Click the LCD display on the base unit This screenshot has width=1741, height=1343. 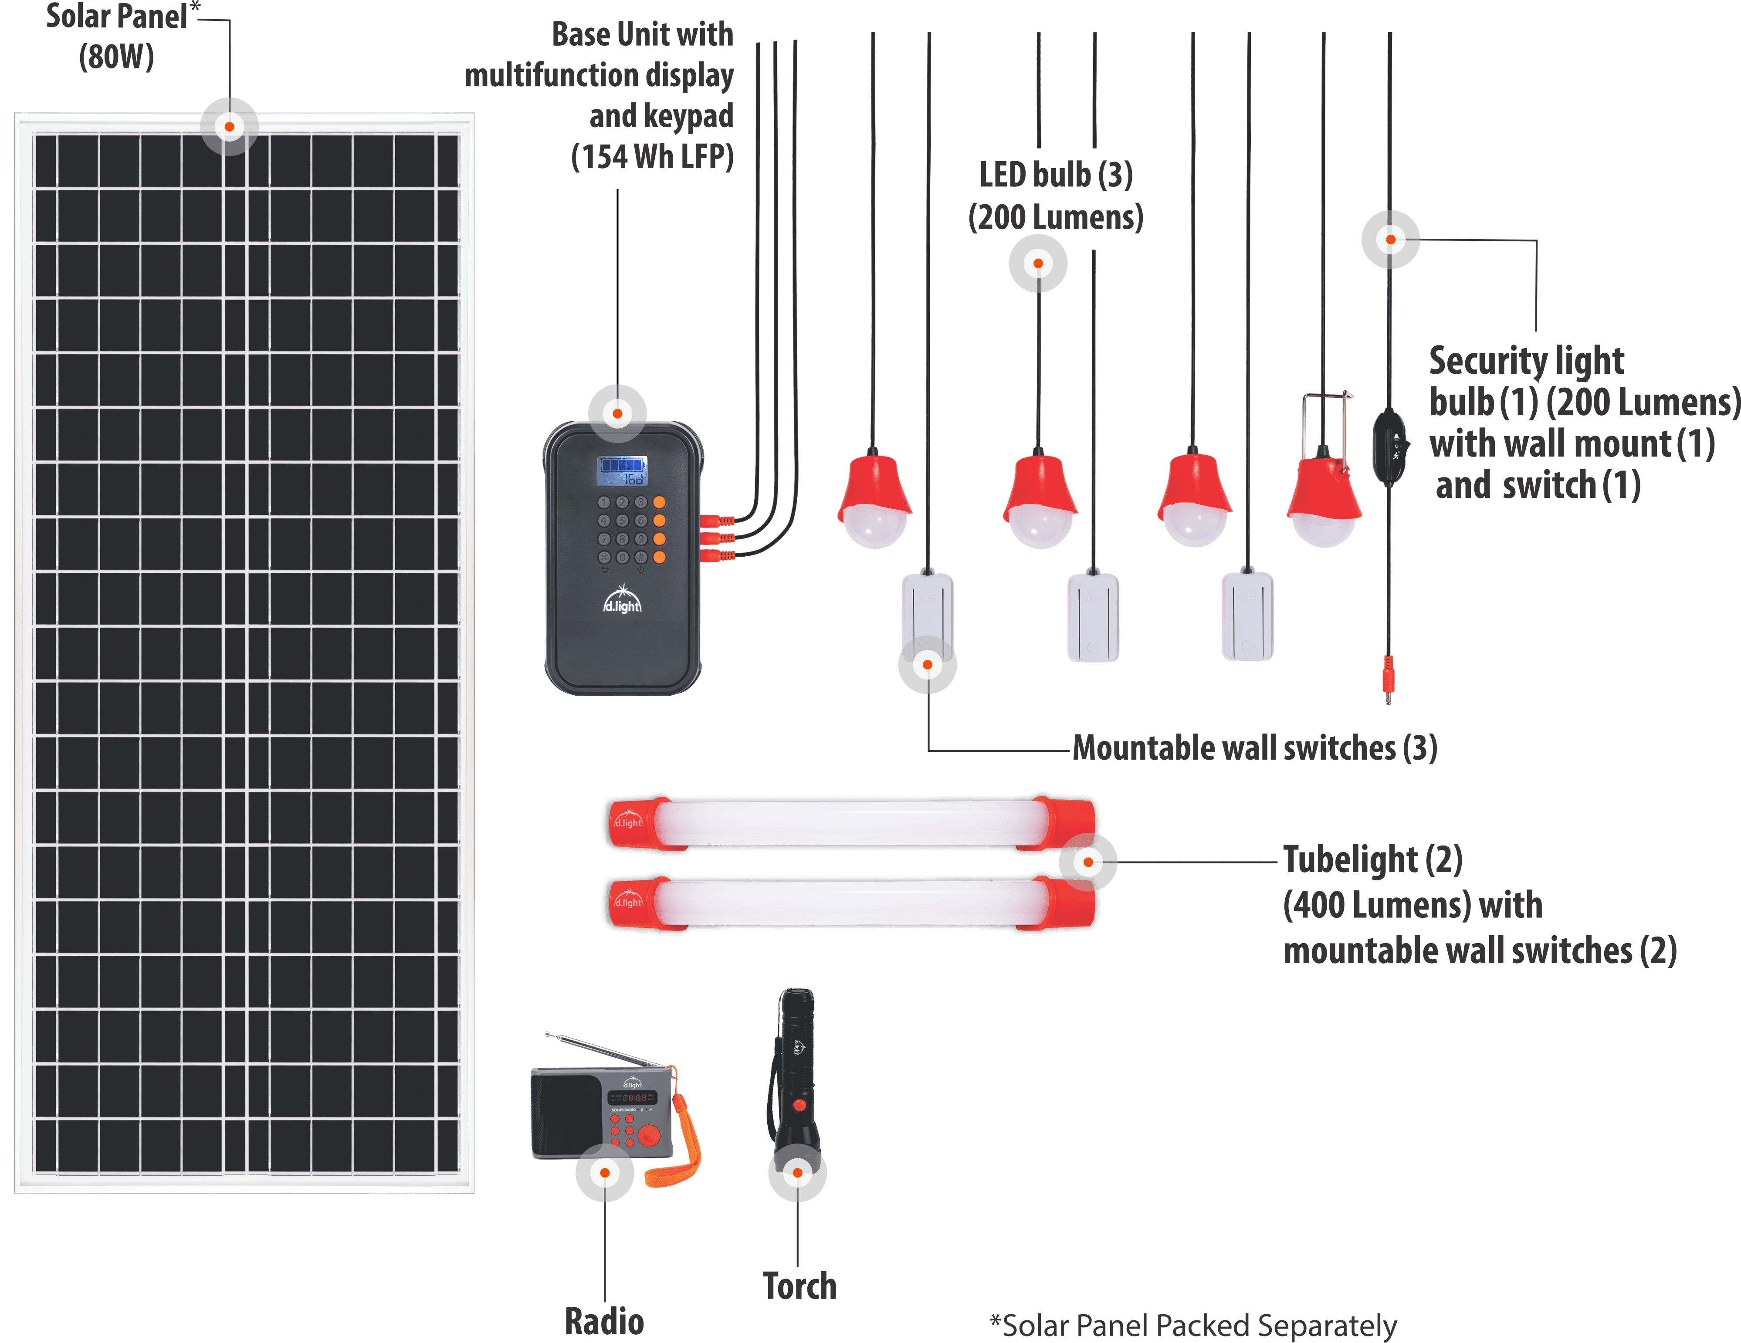[623, 470]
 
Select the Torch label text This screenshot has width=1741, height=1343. [799, 1285]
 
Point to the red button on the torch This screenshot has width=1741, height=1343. [799, 1106]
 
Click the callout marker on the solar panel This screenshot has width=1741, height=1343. [230, 127]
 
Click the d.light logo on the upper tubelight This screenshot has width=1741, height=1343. [628, 820]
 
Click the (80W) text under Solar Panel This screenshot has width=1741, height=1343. [116, 58]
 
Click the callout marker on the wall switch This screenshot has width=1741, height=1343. [927, 665]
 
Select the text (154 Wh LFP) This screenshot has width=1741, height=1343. [652, 156]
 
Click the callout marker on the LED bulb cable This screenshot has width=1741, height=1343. [1038, 263]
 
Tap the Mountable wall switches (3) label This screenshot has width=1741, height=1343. [1255, 748]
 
